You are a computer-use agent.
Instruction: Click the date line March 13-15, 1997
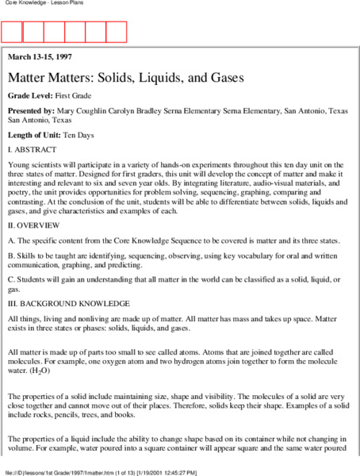coord(41,58)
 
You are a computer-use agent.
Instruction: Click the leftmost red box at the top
coord(12,32)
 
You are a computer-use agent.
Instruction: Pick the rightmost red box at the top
coord(116,32)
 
